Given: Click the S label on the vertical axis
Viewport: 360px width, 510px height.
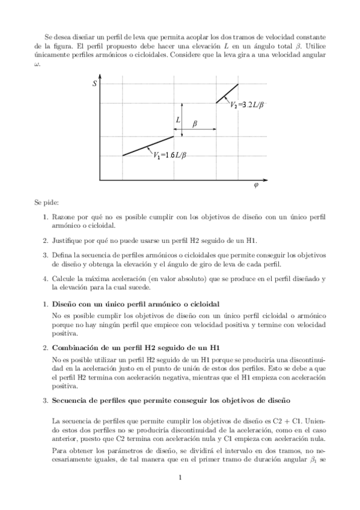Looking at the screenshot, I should click(94, 84).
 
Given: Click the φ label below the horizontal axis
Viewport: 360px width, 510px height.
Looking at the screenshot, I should click(256, 185).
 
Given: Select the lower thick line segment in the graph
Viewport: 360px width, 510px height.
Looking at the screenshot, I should click(148, 146).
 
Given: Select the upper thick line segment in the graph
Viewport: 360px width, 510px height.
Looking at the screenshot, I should click(227, 93).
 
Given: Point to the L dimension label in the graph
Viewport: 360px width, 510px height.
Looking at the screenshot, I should click(178, 120).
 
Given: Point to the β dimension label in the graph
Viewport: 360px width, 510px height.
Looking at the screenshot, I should click(195, 124).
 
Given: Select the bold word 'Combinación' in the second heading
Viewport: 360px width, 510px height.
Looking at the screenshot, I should click(75, 348).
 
